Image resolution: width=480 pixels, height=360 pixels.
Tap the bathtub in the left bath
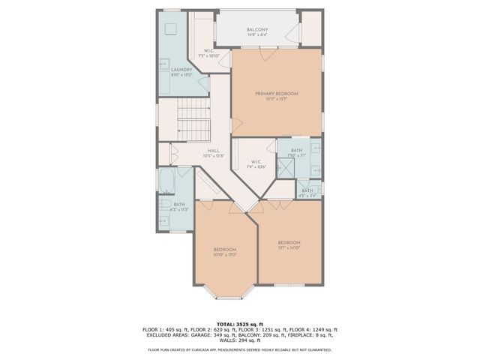166,181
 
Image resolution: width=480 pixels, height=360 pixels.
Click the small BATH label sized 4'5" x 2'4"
307,193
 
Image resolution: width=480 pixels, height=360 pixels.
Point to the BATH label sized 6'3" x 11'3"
179,206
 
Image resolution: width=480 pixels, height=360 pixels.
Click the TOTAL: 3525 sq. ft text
239,323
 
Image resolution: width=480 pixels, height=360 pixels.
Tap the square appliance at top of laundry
169,28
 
